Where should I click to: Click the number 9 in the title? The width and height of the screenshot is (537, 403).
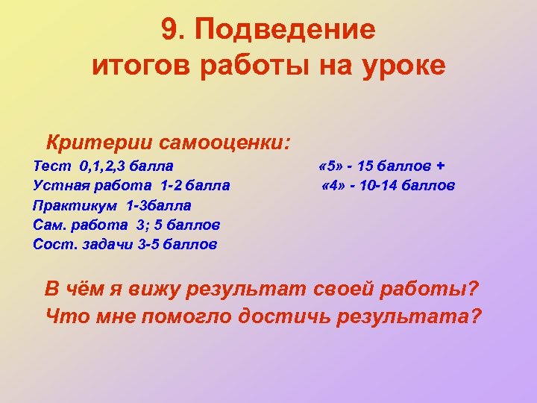click(x=168, y=31)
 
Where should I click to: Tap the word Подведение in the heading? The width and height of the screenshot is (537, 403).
click(x=286, y=31)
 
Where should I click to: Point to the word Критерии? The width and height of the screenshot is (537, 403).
click(x=93, y=141)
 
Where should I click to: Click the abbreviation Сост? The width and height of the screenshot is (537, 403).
click(x=52, y=243)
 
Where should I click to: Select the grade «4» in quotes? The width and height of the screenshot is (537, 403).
click(x=333, y=184)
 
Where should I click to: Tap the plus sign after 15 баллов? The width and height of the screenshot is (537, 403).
click(x=440, y=165)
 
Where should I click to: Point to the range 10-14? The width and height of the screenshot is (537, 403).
click(x=377, y=184)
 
